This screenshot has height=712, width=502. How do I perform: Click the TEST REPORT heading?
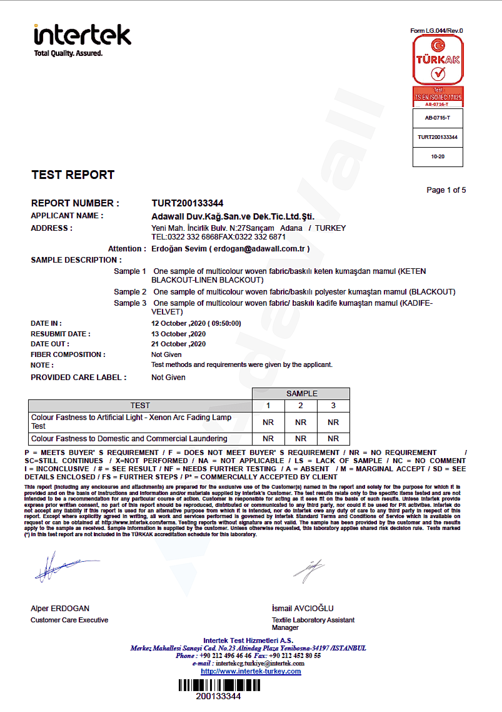(73, 175)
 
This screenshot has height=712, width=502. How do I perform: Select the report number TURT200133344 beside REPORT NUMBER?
(187, 203)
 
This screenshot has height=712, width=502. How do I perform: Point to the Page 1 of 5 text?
(446, 190)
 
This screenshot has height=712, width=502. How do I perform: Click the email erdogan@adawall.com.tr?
(259, 249)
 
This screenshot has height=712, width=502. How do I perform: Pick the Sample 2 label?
(130, 292)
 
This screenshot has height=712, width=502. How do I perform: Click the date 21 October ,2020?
(178, 344)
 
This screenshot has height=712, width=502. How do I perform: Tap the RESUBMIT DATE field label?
(60, 334)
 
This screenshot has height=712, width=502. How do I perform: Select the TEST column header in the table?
(140, 406)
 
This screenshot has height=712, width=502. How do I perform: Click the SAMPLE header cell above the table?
(302, 393)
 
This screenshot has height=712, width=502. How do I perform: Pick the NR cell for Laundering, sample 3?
(333, 439)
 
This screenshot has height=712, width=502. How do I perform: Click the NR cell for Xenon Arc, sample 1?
(268, 423)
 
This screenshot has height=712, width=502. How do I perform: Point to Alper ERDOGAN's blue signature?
(63, 566)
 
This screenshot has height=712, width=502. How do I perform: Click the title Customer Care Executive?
(69, 620)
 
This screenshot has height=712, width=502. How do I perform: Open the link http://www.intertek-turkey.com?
(251, 671)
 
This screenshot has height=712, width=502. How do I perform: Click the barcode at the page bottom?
(219, 685)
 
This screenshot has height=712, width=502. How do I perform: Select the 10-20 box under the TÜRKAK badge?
(438, 157)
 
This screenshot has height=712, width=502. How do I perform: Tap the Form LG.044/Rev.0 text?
(436, 31)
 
